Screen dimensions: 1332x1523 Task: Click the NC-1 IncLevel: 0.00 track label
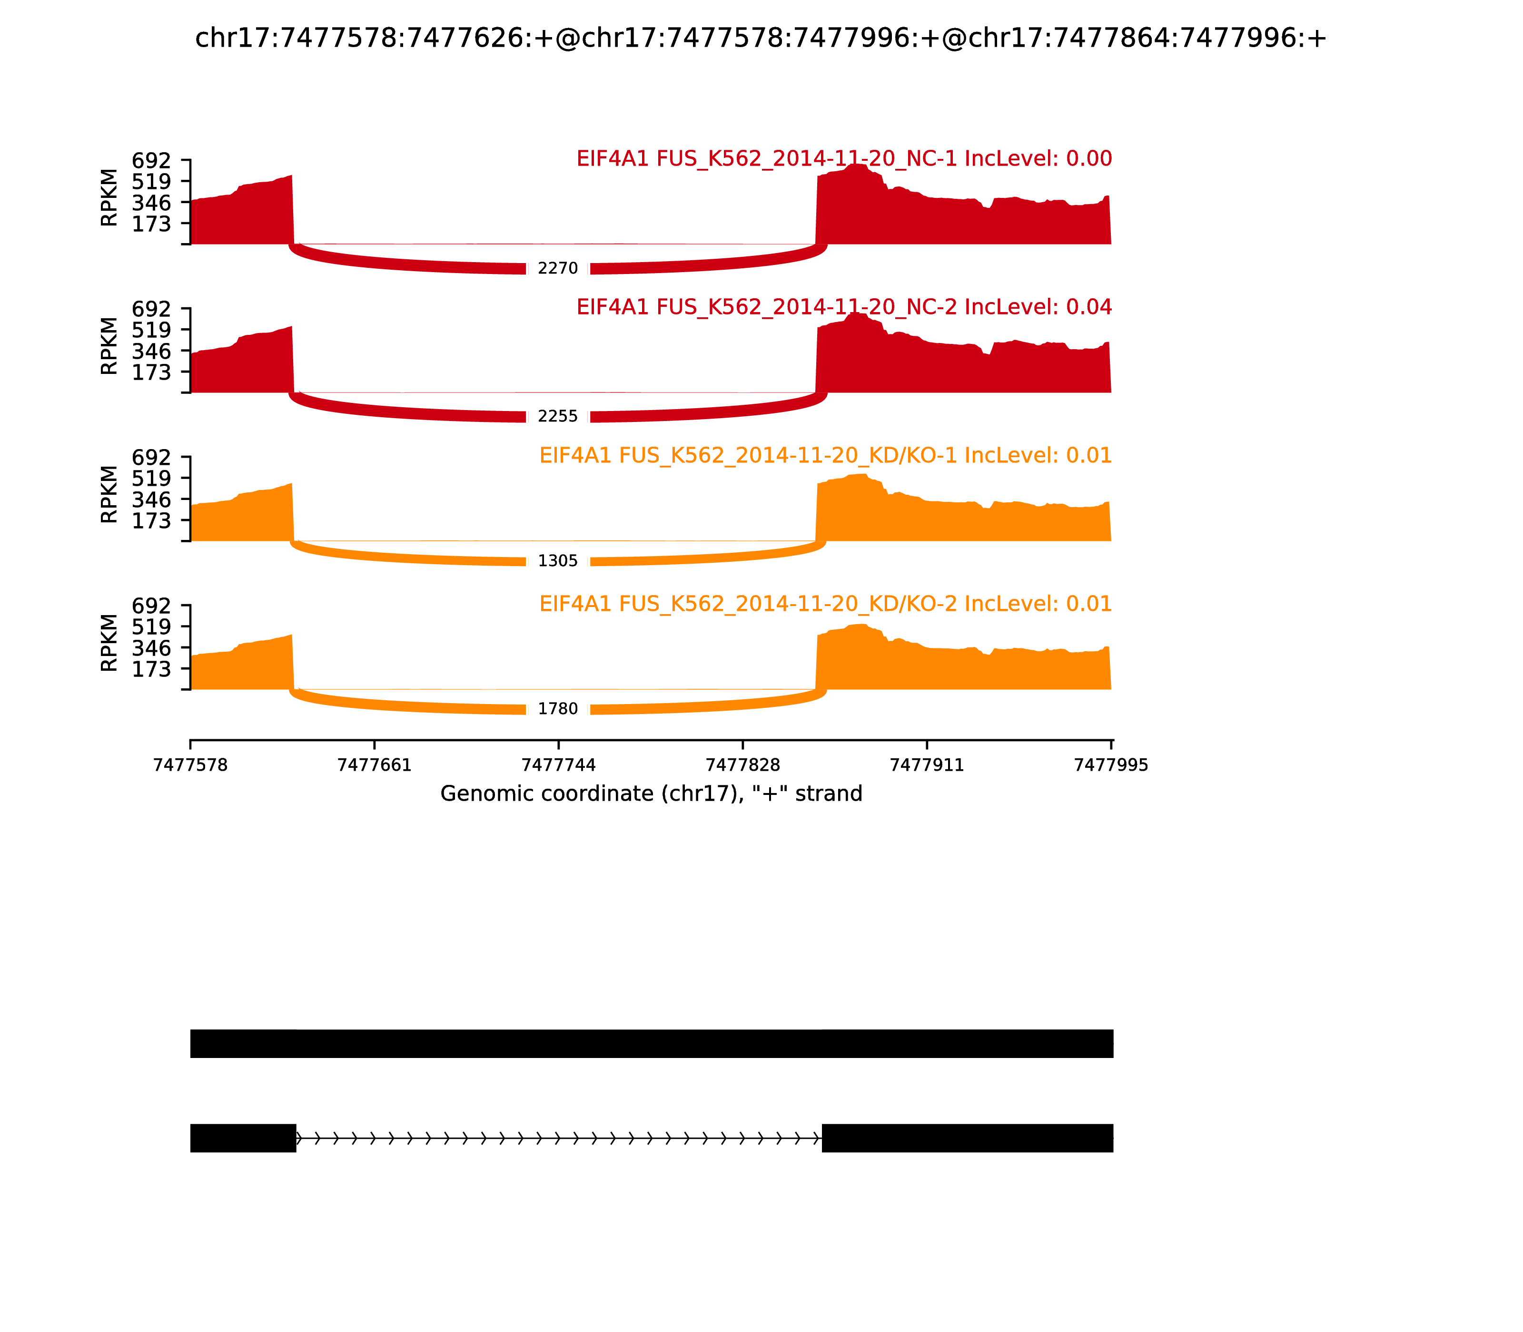pos(843,158)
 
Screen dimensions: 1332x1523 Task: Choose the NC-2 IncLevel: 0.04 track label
pos(843,307)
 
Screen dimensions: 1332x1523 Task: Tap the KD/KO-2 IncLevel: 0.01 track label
pos(825,604)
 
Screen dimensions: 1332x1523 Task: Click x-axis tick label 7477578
pos(190,765)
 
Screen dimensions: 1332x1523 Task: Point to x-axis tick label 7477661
pos(374,765)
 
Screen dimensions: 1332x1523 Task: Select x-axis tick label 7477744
pos(558,765)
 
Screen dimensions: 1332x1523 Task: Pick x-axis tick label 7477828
pos(742,765)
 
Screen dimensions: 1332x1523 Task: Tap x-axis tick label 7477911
pos(927,765)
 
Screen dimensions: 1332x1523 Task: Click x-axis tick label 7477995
pos(1111,765)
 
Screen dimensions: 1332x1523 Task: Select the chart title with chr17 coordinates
pos(760,38)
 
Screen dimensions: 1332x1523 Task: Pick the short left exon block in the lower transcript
pos(243,1138)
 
